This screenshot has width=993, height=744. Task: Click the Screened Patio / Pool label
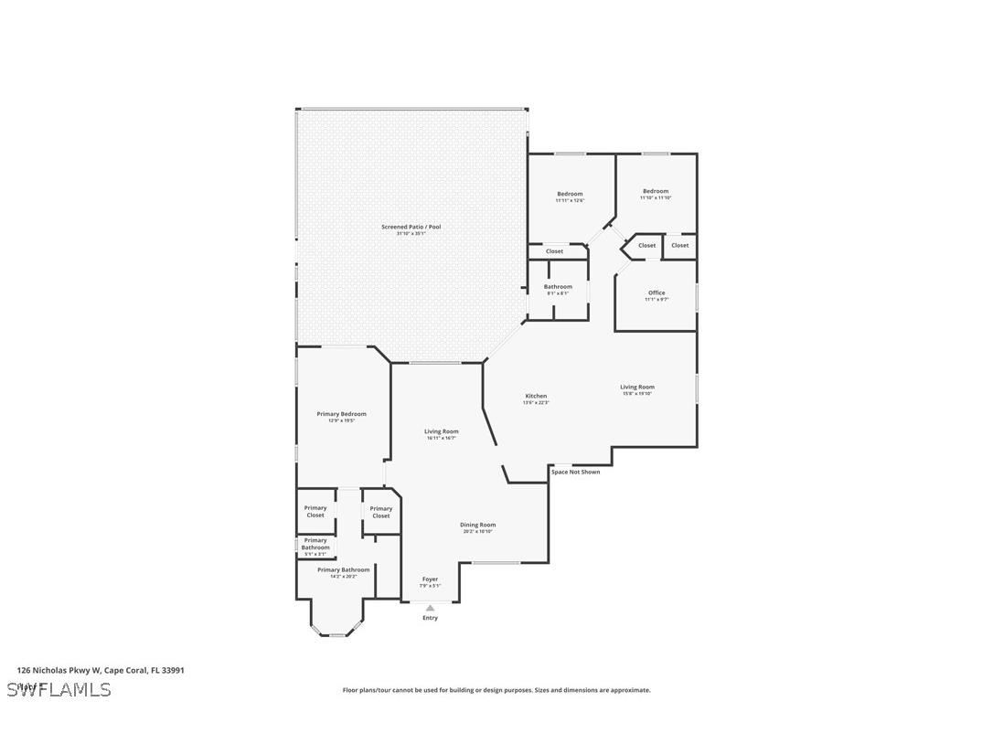(411, 227)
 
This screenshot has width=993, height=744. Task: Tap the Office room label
(657, 292)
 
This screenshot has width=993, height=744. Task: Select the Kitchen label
(536, 396)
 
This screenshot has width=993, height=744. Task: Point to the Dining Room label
(478, 525)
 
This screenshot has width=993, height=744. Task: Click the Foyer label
(430, 579)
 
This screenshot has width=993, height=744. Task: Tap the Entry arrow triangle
(430, 608)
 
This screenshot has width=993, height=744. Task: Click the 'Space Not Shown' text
(576, 472)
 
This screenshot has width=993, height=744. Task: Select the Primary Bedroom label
(341, 414)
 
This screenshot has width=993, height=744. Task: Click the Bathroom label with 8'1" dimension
(558, 287)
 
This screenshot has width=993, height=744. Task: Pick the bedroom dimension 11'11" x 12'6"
(570, 201)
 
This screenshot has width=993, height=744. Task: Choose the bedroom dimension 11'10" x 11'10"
(656, 198)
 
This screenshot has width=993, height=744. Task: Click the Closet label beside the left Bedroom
(555, 251)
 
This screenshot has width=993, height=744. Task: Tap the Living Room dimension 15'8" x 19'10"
(637, 394)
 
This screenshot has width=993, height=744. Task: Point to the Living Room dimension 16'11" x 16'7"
(442, 439)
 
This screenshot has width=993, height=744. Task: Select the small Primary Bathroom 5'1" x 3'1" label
(315, 554)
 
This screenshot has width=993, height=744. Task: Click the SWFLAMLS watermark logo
(59, 689)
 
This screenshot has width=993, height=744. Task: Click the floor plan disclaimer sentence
(496, 690)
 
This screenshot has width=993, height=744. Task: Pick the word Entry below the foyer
(430, 618)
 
